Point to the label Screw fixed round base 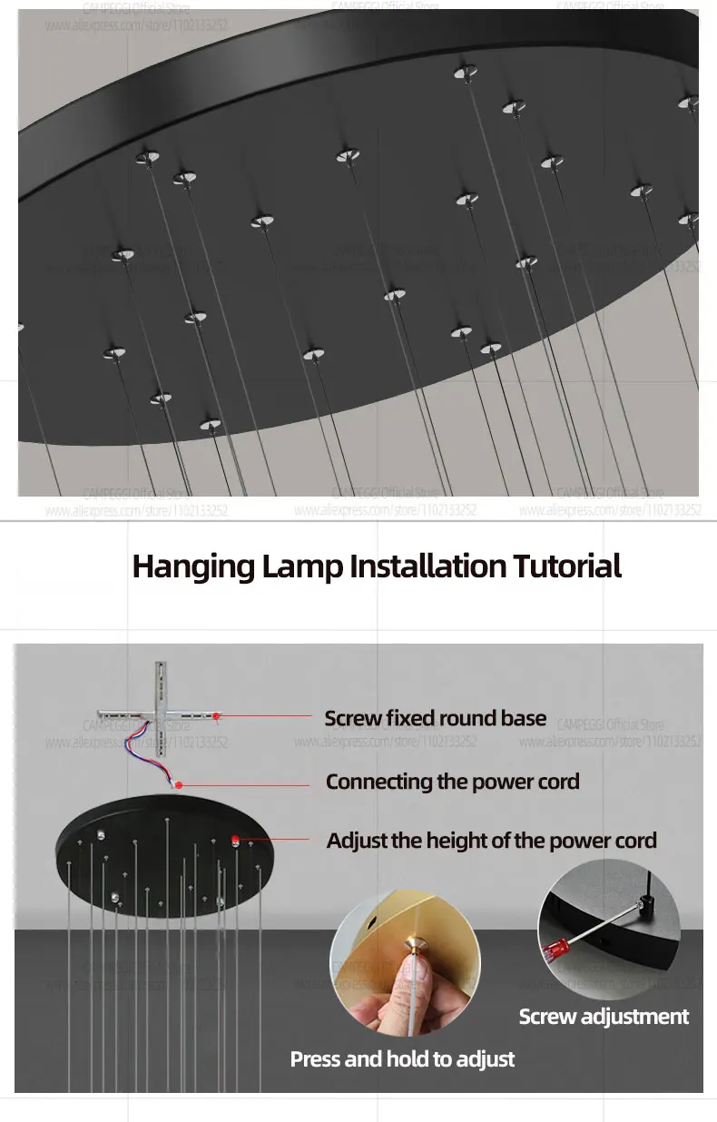point(436,719)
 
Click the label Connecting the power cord point(452,782)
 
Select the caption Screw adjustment point(604,1017)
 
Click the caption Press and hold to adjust point(402,1058)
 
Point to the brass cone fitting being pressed point(416,943)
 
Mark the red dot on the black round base point(235,839)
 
